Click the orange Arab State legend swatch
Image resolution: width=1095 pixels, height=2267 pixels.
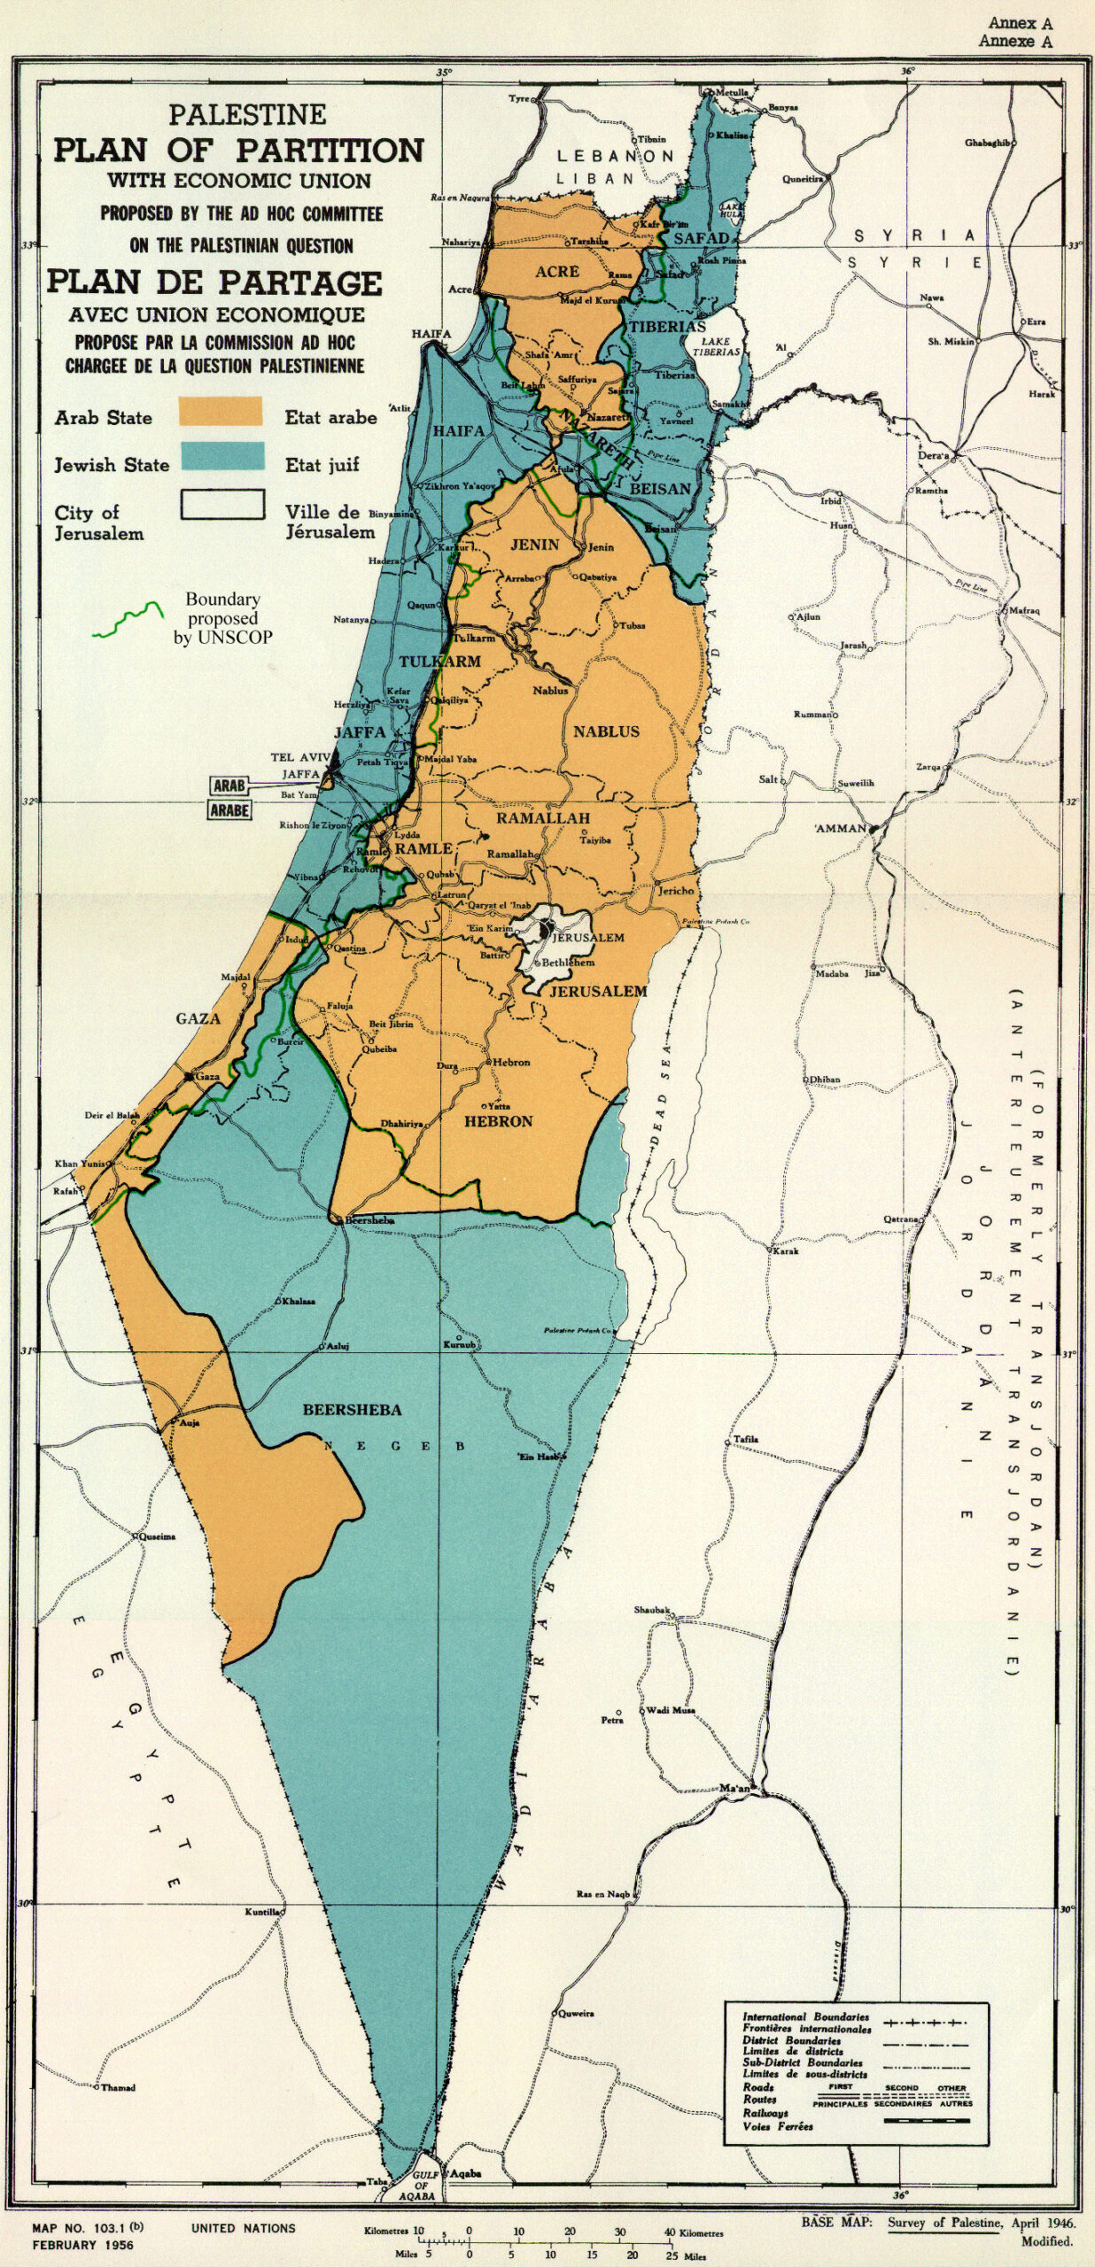221,412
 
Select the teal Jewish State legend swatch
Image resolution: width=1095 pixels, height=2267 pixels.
222,457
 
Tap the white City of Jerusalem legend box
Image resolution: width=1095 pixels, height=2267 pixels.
222,505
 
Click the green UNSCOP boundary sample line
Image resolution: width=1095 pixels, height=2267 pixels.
129,622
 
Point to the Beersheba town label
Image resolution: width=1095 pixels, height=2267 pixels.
369,1220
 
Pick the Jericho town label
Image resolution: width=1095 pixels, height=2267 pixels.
676,891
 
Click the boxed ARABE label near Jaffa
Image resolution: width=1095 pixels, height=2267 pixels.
229,809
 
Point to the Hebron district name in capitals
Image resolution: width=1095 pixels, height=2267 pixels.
499,1121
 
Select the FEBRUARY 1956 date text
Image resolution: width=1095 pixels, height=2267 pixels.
82,2245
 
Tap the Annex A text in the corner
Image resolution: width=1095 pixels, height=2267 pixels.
1019,24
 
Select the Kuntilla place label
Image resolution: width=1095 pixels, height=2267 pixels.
262,1912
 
